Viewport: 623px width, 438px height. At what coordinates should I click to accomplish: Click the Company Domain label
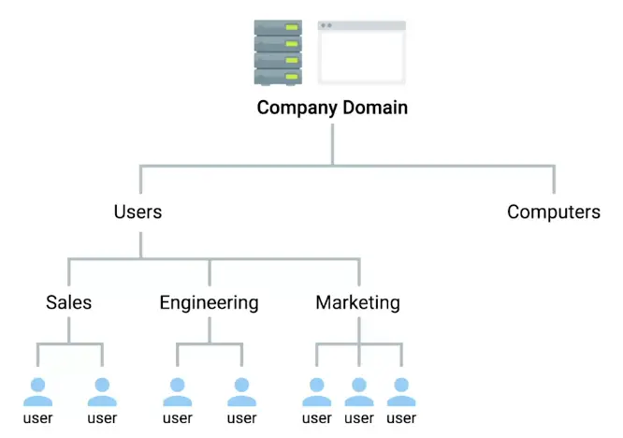pos(332,108)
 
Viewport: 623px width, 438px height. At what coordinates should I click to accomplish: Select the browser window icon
pos(361,52)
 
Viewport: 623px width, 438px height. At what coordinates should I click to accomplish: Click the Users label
pos(138,212)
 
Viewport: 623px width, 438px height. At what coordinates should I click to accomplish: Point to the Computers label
pos(553,212)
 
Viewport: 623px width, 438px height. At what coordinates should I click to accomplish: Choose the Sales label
pos(69,302)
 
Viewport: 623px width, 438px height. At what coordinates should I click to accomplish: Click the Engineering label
pos(209,302)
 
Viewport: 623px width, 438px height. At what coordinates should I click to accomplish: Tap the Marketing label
pos(357,302)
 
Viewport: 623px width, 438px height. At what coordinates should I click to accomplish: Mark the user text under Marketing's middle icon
pos(359,418)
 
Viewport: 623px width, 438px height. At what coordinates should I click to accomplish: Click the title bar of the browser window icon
pos(361,25)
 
